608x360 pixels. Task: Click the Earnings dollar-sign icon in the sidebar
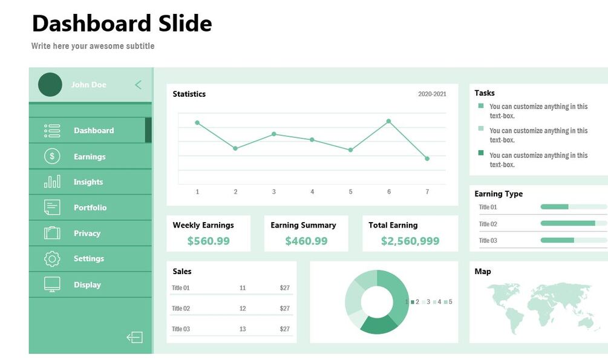coord(53,157)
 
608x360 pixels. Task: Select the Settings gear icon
coord(53,259)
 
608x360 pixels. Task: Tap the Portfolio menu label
coord(90,208)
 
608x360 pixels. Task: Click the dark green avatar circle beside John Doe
coord(50,85)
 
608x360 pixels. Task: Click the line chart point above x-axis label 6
coord(388,121)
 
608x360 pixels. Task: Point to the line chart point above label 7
coord(427,159)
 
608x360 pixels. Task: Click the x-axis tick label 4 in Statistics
coord(312,192)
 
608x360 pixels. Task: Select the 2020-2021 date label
coord(432,94)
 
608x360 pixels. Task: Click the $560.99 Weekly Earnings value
coord(208,241)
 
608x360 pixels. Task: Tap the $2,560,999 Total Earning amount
coord(410,241)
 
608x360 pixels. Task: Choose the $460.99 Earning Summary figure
coord(306,241)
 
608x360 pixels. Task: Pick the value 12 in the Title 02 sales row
coord(243,309)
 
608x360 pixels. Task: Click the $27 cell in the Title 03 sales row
coord(284,329)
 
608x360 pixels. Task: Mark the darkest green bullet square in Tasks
coord(481,153)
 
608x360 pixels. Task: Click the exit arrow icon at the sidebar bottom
coord(134,337)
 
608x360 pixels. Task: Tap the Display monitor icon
coord(53,284)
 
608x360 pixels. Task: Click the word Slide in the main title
coord(185,24)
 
